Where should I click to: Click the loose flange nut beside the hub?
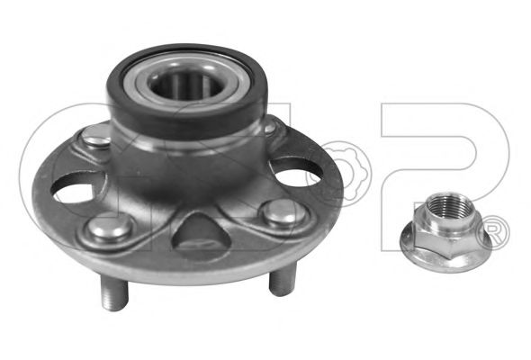tap(445, 233)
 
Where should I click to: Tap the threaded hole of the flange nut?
tap(448, 206)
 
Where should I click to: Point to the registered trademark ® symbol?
tap(494, 234)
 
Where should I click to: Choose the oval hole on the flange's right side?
tap(296, 174)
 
